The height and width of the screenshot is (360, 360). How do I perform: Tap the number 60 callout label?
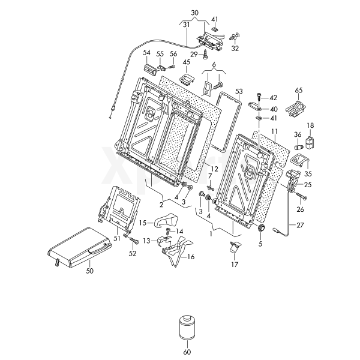(187, 353)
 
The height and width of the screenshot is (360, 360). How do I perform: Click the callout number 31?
(185, 24)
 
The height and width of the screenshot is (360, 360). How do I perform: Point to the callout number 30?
(194, 13)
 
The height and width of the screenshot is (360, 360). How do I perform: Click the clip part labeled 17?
(234, 245)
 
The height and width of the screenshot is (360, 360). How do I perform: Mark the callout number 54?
(147, 53)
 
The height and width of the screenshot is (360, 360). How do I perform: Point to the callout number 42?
(274, 97)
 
